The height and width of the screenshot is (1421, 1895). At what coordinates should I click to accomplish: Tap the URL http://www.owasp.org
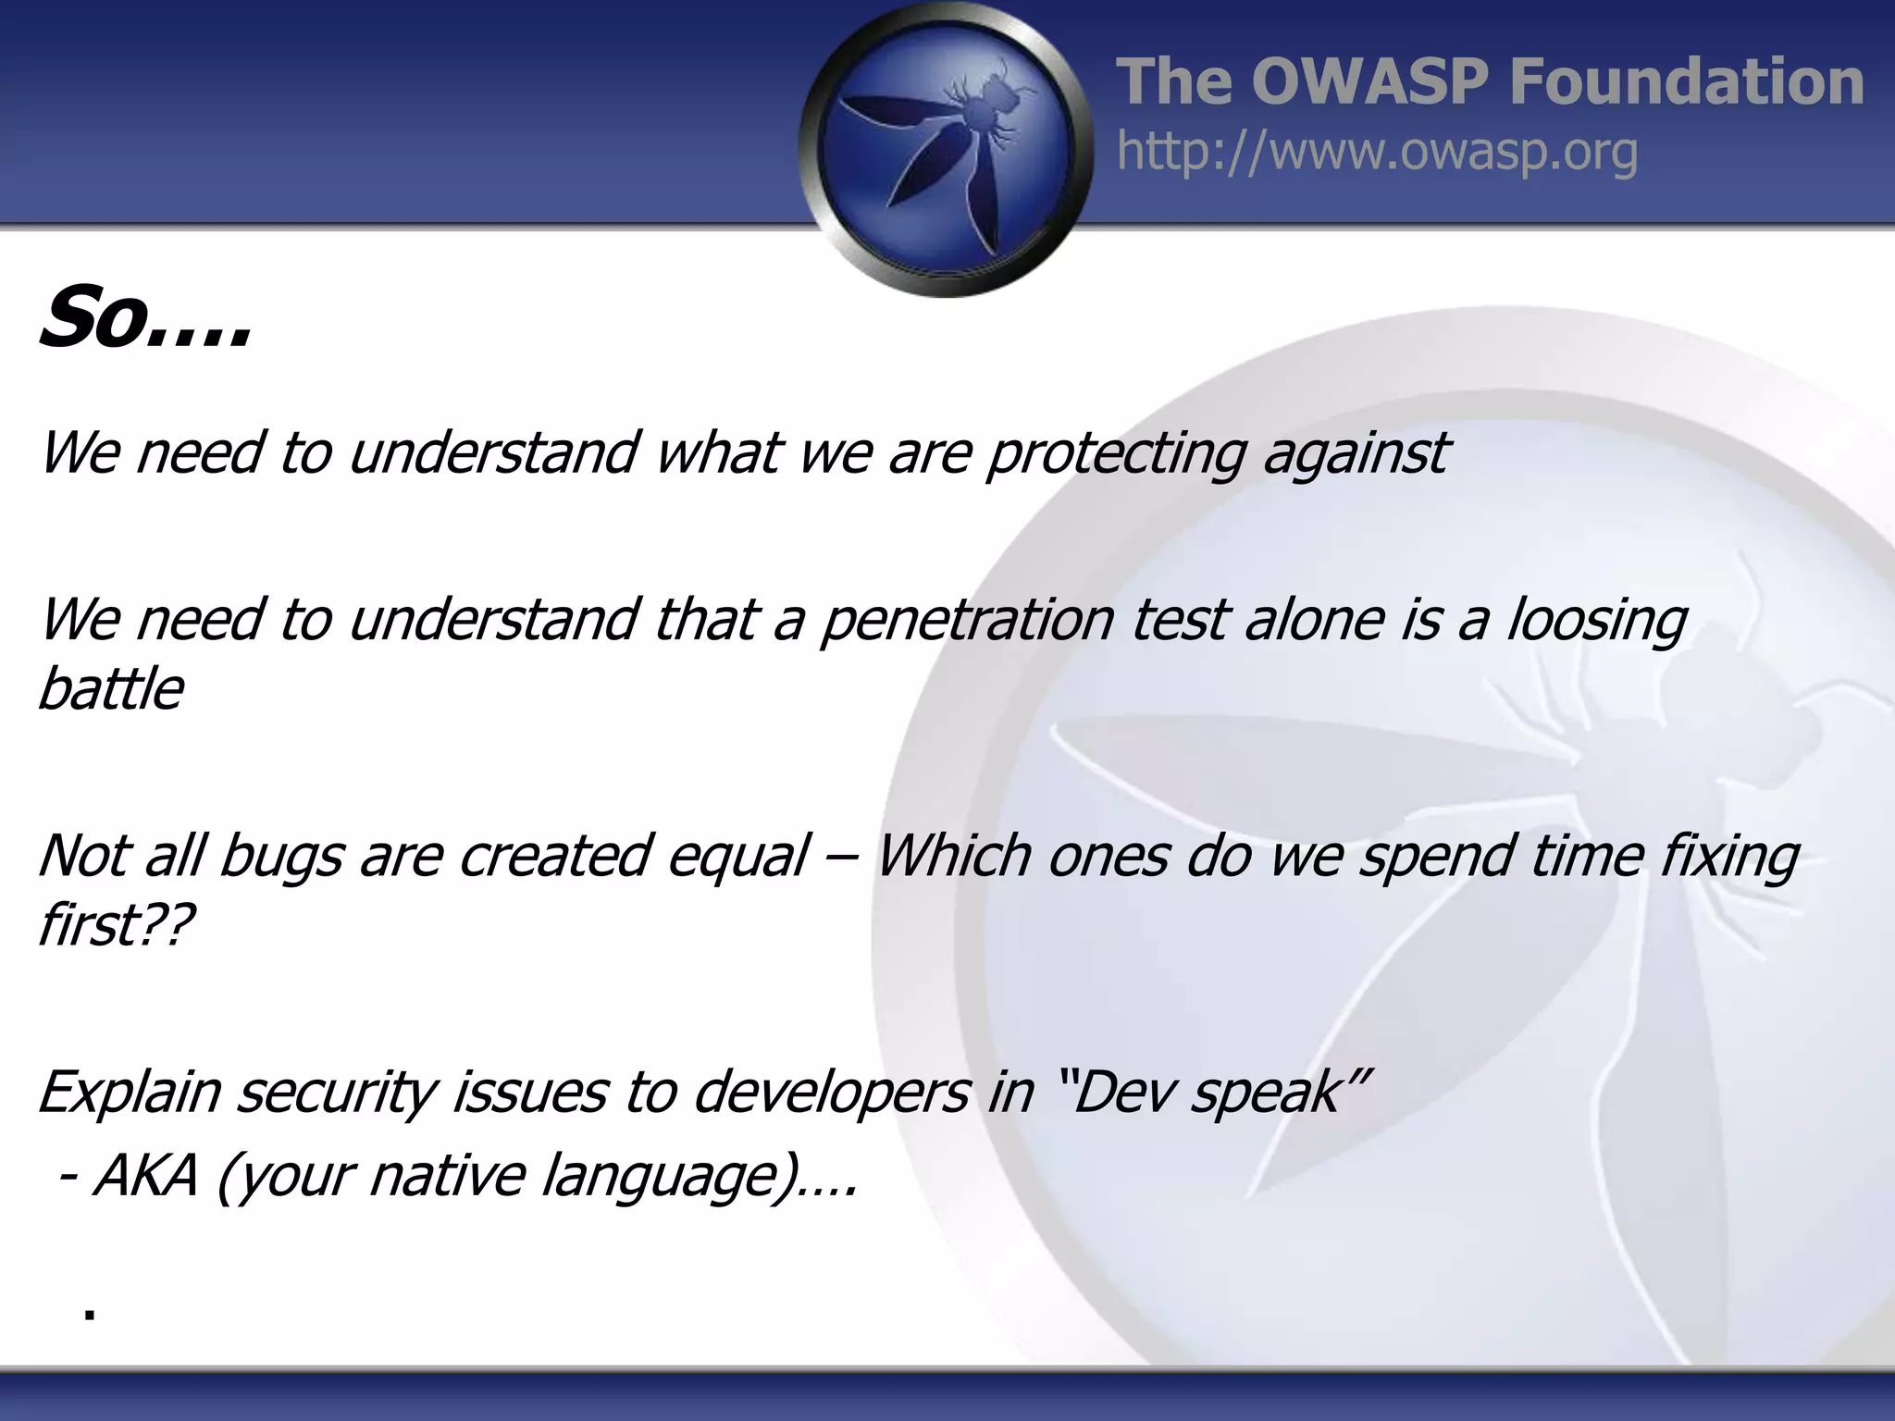[x=1377, y=152]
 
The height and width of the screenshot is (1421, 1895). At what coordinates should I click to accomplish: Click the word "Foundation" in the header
[x=1686, y=81]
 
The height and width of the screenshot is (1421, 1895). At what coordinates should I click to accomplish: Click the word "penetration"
[x=967, y=619]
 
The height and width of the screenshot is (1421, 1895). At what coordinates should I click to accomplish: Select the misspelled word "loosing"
[x=1597, y=619]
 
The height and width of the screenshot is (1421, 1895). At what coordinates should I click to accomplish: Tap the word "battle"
[x=110, y=689]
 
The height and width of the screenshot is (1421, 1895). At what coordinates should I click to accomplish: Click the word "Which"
[x=953, y=856]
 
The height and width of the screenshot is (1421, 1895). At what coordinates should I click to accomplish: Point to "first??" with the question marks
[x=116, y=924]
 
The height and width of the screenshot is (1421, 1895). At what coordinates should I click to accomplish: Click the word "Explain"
[x=130, y=1092]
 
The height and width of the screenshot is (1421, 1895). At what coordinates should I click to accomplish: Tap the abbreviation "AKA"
[x=146, y=1176]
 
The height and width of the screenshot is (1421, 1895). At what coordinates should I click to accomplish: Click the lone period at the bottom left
[x=89, y=1314]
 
